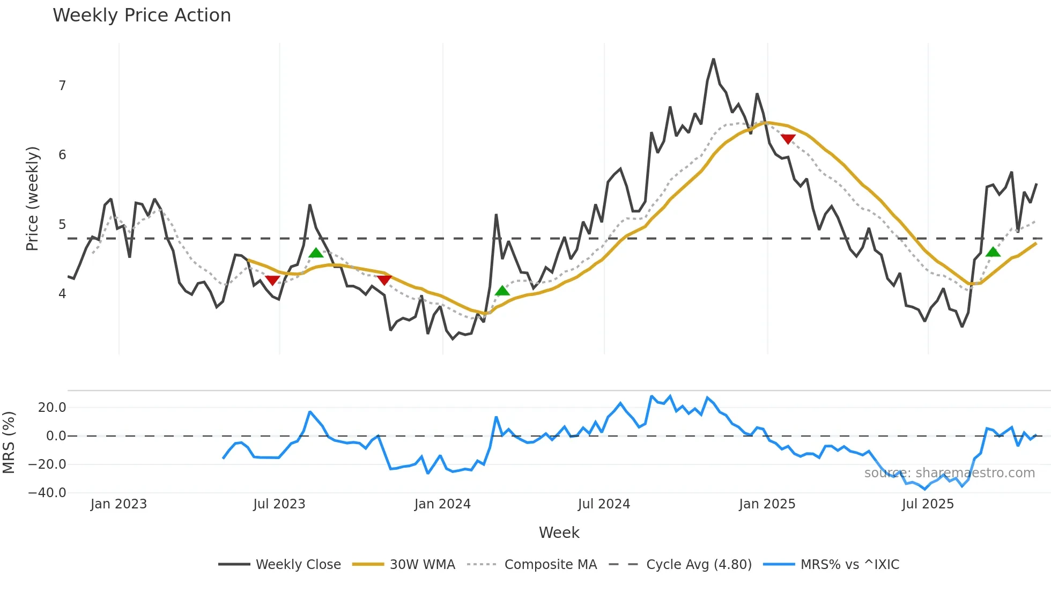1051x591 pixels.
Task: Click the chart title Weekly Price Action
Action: (x=142, y=16)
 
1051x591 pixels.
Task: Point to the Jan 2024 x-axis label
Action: (x=442, y=504)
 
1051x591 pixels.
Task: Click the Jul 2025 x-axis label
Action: (x=928, y=504)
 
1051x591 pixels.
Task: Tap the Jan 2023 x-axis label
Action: (x=119, y=504)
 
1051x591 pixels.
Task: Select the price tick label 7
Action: (x=62, y=86)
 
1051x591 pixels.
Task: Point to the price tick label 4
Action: (x=62, y=294)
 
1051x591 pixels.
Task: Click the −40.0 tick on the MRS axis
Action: (x=47, y=493)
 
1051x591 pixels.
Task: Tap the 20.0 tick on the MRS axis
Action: (x=52, y=408)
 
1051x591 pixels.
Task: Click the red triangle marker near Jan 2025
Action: (x=788, y=139)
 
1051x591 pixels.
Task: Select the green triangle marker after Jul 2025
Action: (x=993, y=252)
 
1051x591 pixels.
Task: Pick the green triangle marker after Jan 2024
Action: (x=502, y=291)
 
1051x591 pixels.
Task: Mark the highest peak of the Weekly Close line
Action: (x=714, y=59)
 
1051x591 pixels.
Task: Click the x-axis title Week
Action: (x=559, y=533)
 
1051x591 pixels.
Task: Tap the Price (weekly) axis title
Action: (x=33, y=198)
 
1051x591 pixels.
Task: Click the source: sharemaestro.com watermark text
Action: (x=949, y=473)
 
